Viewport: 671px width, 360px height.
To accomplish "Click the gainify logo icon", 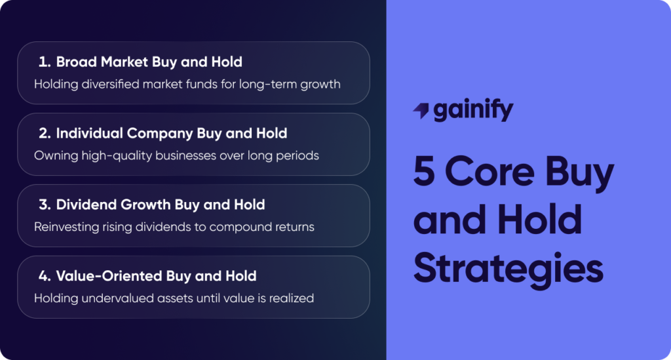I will [x=421, y=111].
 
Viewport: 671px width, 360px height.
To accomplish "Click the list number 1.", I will [x=43, y=62].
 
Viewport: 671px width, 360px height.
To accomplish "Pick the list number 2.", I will [x=44, y=133].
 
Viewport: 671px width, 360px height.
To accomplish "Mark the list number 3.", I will [x=44, y=205].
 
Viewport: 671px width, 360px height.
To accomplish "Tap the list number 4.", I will [x=44, y=275].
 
